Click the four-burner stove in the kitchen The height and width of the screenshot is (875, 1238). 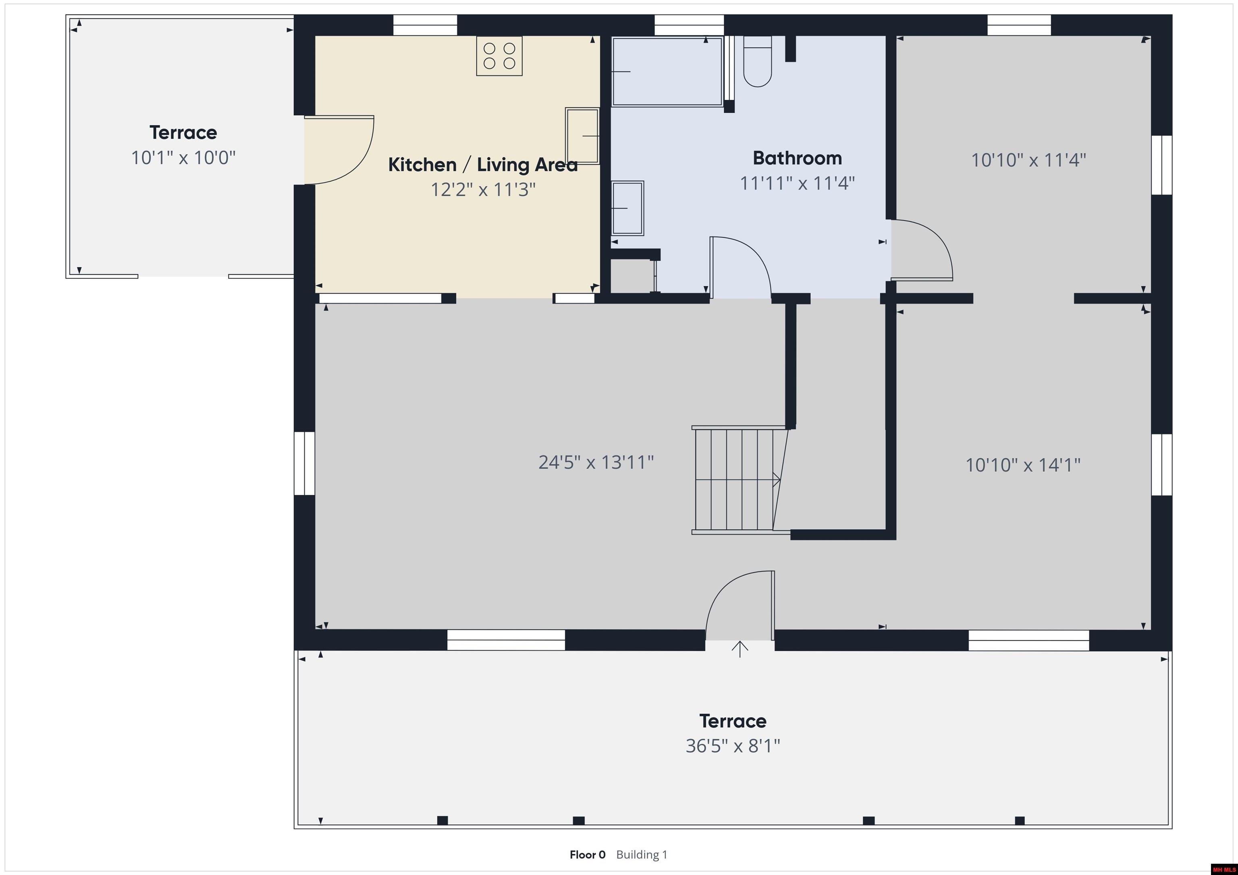click(x=499, y=56)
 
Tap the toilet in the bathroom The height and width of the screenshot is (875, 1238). click(x=758, y=62)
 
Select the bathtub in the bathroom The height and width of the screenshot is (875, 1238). click(x=667, y=72)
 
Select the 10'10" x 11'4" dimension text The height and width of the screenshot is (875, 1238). click(x=1028, y=160)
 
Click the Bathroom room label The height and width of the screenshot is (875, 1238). click(x=797, y=158)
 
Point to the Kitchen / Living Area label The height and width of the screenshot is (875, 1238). click(x=482, y=164)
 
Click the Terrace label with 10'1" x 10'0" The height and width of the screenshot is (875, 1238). click(x=183, y=132)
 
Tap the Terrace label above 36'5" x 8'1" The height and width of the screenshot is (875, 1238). click(x=733, y=721)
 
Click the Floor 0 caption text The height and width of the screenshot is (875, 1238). click(x=588, y=854)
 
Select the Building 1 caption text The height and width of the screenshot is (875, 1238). click(x=642, y=854)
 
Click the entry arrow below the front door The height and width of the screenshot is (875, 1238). click(x=740, y=649)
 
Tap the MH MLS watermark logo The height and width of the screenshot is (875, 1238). click(x=1223, y=869)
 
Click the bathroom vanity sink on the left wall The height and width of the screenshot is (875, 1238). click(x=627, y=208)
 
